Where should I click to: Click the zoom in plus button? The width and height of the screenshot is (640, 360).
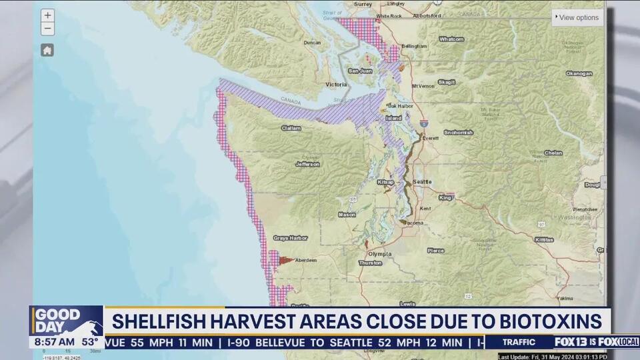click(47, 15)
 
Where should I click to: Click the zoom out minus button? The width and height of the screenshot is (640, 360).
click(47, 29)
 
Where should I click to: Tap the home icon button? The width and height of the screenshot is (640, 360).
click(47, 50)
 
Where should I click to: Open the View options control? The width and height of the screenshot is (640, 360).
click(577, 17)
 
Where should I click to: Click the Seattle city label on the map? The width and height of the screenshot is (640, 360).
click(422, 182)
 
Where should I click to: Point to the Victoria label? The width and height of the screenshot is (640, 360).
click(336, 85)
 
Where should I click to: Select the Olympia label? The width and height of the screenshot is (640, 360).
click(379, 254)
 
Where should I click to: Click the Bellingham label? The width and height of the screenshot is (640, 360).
click(413, 47)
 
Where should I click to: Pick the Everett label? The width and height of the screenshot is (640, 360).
click(429, 138)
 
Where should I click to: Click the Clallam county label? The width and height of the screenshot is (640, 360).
click(291, 128)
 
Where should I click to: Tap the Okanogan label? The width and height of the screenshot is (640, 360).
click(579, 73)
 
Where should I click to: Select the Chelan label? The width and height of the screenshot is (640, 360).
click(553, 153)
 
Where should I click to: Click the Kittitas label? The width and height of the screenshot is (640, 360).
click(543, 239)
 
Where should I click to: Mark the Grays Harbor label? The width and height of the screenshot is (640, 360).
click(289, 238)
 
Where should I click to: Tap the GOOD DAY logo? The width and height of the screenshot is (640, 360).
click(59, 319)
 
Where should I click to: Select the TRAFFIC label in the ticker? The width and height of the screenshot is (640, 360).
click(519, 342)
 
